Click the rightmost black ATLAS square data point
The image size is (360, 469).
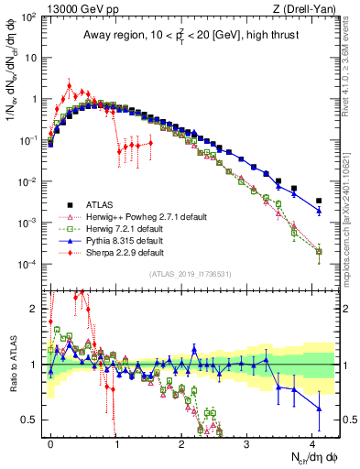click(319, 201)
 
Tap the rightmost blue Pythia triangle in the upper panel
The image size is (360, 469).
click(319, 211)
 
